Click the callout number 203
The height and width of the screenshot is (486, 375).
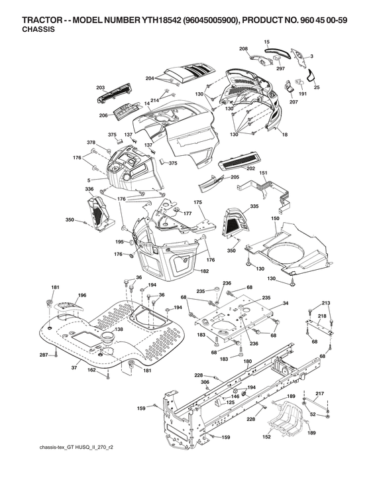tap(101, 87)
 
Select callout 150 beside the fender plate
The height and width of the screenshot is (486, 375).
tap(275, 218)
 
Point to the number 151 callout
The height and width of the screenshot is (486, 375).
tap(263, 173)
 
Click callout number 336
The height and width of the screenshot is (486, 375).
tap(89, 189)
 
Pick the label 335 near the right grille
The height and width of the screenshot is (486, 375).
tap(254, 207)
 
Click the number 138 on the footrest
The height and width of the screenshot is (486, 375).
tap(119, 329)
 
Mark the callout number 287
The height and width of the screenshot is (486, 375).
tap(43, 356)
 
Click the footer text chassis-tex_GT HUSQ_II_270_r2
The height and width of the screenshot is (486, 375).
tap(76, 449)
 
